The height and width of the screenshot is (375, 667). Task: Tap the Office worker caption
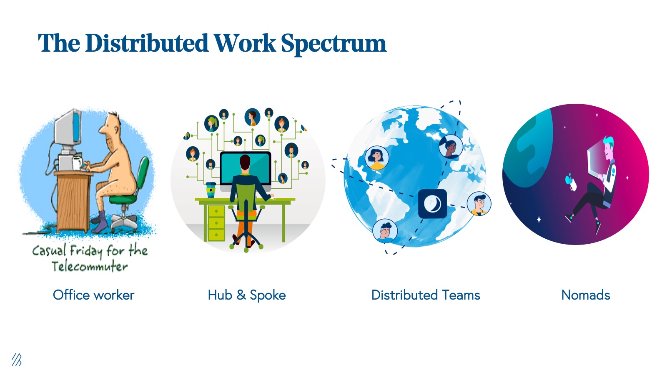point(93,295)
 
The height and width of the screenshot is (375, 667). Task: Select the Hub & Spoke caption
point(247,295)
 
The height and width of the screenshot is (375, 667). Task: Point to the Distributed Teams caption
point(426,295)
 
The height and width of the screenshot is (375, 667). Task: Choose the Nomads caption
point(586,295)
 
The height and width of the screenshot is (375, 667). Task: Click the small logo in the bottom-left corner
point(17,360)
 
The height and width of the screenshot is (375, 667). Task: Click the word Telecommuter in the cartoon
point(90,266)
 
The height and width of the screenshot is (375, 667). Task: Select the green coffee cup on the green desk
point(211,190)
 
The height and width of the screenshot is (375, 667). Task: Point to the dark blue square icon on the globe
point(432,204)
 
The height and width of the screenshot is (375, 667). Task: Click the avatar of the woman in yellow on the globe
point(377,158)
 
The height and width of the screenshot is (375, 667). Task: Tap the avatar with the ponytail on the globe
point(451,146)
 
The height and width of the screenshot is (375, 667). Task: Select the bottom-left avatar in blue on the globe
point(385,231)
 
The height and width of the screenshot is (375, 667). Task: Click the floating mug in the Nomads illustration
point(572,182)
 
